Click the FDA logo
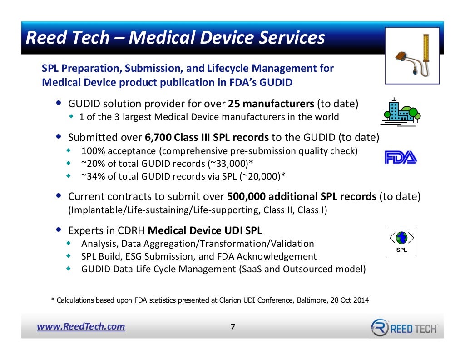tap(401, 158)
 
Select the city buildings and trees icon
tap(400, 110)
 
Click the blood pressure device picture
tap(412, 55)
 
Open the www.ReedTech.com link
tap(81, 326)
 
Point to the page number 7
tap(233, 327)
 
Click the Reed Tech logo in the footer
tap(404, 327)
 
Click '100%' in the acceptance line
tap(91, 151)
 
